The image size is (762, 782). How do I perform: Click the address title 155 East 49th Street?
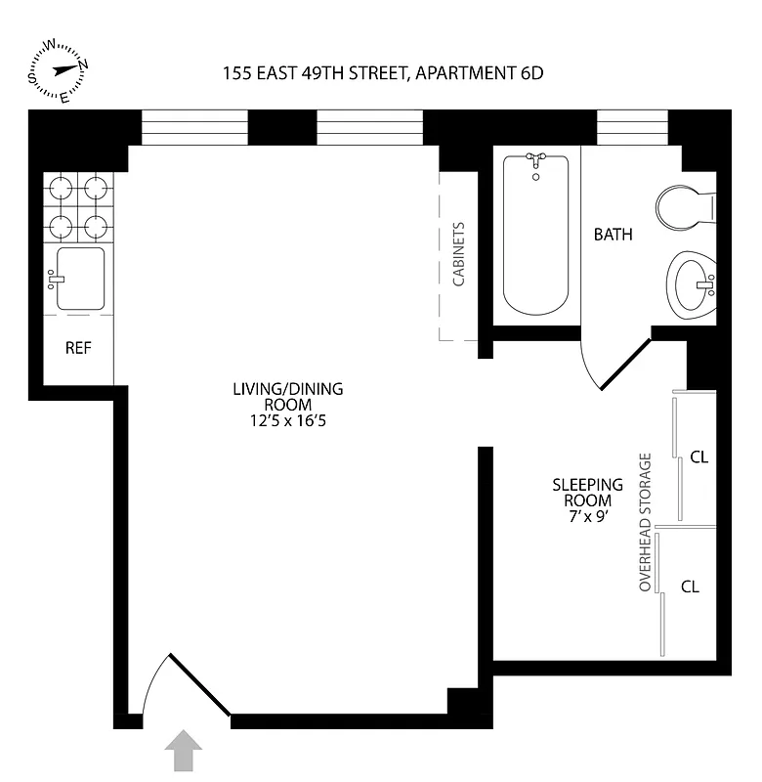(382, 72)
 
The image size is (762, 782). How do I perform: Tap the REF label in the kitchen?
(78, 348)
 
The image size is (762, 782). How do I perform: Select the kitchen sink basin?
(80, 279)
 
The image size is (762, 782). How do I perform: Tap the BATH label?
(613, 235)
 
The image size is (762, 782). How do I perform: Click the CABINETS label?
(458, 253)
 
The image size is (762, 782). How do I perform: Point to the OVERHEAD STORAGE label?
(645, 522)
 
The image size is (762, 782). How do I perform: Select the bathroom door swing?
(612, 366)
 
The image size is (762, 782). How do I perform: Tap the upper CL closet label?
(698, 456)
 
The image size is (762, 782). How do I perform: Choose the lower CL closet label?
(691, 586)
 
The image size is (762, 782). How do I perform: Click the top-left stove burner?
(62, 186)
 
